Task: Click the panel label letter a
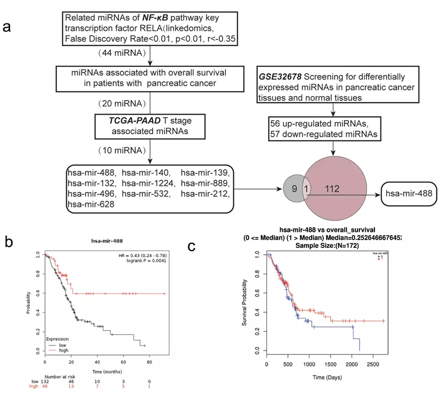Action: pyautogui.click(x=7, y=26)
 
